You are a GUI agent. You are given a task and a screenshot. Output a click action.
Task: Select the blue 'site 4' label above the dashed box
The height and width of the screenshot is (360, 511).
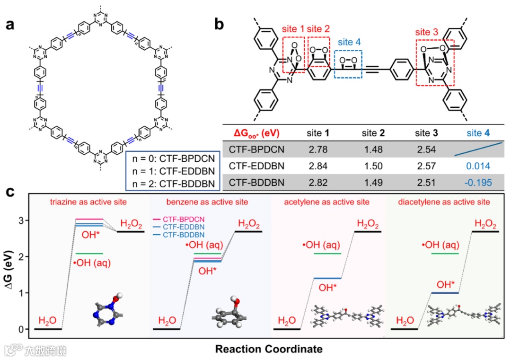click(348, 42)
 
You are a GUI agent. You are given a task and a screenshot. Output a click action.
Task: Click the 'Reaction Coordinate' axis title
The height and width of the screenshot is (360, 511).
click(269, 349)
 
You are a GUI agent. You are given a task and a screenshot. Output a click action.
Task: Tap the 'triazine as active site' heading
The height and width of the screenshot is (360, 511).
click(88, 202)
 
